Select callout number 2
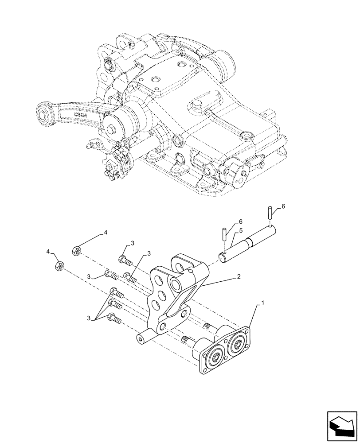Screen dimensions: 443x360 point(239,276)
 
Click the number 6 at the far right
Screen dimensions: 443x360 point(284,206)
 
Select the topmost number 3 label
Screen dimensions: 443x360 point(132,243)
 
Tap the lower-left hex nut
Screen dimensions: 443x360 point(58,266)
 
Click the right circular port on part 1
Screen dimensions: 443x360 point(238,342)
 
